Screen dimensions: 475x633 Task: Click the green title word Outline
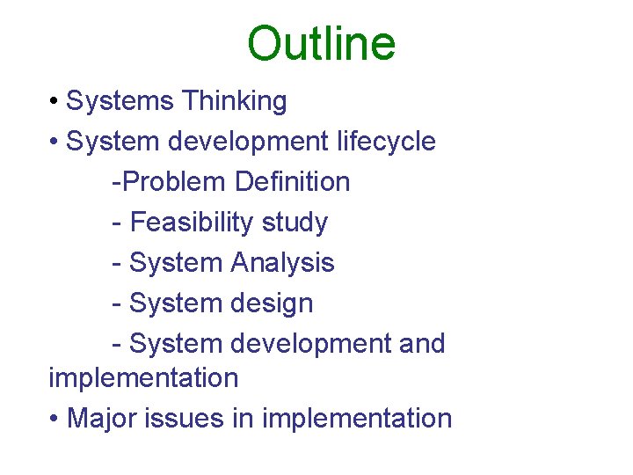(x=321, y=43)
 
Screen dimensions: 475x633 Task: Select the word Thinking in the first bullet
(x=235, y=101)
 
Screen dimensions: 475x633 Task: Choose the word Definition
(x=293, y=182)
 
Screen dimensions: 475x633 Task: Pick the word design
(x=272, y=303)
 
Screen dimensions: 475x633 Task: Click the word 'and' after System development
(x=422, y=343)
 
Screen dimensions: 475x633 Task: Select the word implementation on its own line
(x=143, y=378)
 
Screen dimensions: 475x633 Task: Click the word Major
(x=99, y=418)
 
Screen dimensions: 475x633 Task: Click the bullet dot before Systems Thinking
(x=55, y=102)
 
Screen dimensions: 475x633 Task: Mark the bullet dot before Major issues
(x=55, y=419)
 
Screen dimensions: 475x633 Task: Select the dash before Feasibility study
(x=117, y=223)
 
